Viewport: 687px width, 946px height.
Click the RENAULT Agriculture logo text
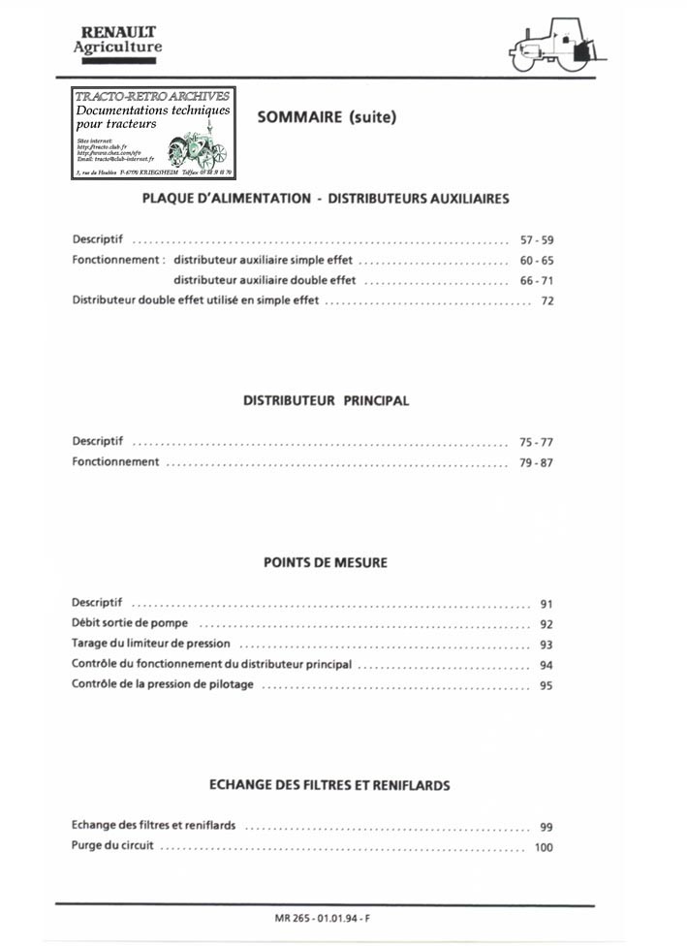118,40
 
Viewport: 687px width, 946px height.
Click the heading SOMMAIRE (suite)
327,117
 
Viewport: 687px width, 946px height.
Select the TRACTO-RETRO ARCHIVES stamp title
152,97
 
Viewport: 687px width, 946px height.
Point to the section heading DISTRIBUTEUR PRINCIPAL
326,400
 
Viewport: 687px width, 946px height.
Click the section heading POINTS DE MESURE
326,562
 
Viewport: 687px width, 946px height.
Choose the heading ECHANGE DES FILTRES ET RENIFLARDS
329,785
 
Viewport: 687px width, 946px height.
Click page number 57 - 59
536,239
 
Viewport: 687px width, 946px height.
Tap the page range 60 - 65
536,261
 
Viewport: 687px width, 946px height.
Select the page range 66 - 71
536,281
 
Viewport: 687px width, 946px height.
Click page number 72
546,302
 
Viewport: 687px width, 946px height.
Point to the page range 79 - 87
536,462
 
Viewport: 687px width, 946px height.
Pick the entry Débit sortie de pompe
130,623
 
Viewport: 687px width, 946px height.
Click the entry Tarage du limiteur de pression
151,644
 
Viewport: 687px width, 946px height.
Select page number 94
546,666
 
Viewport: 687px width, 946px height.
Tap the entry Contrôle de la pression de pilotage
163,685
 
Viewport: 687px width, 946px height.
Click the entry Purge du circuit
112,846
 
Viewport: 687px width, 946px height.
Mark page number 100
543,847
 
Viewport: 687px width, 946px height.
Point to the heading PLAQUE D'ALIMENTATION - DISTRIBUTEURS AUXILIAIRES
326,199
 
